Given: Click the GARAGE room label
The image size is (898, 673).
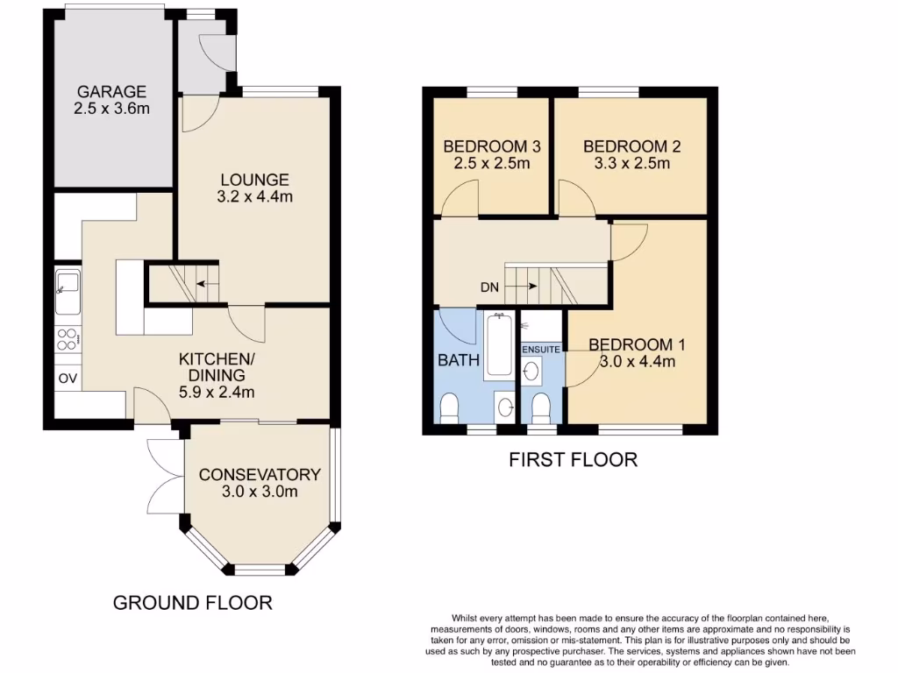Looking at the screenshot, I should tap(110, 91).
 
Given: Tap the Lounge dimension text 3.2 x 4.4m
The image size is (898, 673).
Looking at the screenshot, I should tap(254, 196).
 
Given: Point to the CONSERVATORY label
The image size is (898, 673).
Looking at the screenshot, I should tap(260, 474).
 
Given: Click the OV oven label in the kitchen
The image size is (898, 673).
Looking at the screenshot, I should tap(68, 378).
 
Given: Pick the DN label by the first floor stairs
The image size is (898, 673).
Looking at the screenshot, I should tap(489, 287).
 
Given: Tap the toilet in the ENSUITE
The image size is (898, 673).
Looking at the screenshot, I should tap(541, 407).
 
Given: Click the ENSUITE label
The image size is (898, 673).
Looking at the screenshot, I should tap(541, 350).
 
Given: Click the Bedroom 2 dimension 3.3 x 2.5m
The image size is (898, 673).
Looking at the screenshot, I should tap(631, 163).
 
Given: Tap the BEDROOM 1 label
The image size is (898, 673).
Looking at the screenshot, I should tap(637, 344).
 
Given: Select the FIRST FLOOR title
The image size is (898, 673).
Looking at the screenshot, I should tap(573, 459).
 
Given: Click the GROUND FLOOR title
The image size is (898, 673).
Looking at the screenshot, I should tap(193, 603).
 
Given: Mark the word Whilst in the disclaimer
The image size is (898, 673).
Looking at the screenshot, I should tap(465, 619).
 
